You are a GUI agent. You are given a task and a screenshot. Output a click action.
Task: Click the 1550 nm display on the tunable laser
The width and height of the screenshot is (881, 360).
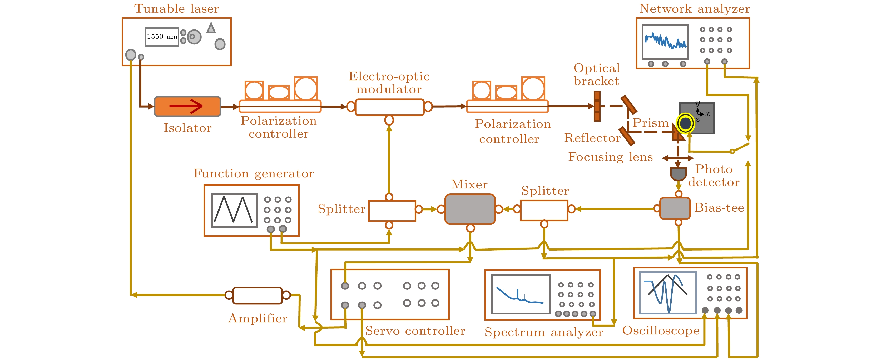click(x=162, y=37)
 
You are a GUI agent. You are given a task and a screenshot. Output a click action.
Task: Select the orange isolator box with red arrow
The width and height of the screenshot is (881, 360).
click(x=187, y=106)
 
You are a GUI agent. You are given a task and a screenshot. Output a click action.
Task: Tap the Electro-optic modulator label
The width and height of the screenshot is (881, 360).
click(x=389, y=82)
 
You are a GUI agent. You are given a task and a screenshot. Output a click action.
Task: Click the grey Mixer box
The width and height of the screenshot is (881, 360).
click(x=469, y=209)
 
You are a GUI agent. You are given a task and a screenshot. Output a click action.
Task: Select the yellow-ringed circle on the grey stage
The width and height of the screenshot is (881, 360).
click(x=685, y=123)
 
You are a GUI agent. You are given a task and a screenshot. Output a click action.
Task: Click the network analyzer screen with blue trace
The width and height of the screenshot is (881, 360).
click(x=665, y=41)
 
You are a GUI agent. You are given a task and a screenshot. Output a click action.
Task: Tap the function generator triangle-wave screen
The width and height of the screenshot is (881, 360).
click(x=234, y=210)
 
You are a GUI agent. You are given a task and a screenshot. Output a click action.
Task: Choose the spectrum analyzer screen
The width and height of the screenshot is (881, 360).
click(x=521, y=294)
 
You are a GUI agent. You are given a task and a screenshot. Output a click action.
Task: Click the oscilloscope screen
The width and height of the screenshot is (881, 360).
click(x=667, y=293)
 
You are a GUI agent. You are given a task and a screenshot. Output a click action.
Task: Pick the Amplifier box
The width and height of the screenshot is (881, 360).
click(x=258, y=295)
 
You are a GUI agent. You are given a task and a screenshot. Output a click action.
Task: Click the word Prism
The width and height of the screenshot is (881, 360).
click(x=650, y=123)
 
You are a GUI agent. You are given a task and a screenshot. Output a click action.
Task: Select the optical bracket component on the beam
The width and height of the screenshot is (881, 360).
click(x=597, y=106)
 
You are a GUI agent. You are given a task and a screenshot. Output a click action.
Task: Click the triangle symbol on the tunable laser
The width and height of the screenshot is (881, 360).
click(x=211, y=28)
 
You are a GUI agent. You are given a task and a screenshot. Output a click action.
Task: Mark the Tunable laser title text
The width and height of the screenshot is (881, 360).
click(x=176, y=8)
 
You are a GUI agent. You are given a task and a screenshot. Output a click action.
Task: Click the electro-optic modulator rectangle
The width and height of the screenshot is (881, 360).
click(x=389, y=107)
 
